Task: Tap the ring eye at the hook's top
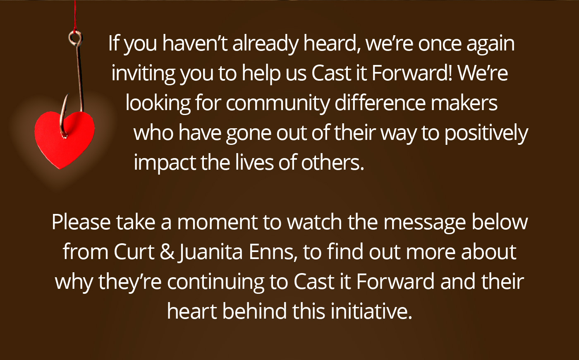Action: (76, 38)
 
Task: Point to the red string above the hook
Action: (75, 16)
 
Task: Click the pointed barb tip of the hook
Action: (68, 95)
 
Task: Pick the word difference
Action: (380, 103)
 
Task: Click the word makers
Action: (464, 103)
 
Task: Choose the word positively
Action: (486, 133)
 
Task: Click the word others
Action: (333, 162)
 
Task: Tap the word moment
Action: (218, 223)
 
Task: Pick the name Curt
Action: (134, 252)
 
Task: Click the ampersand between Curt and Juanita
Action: (167, 252)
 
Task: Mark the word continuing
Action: (216, 282)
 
